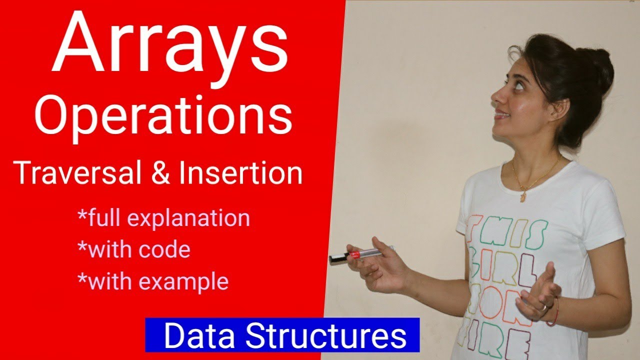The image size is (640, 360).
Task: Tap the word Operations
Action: coord(163,117)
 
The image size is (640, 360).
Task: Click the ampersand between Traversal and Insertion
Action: coord(161,173)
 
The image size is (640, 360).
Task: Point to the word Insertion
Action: coord(240,173)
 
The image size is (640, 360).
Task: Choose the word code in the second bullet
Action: coord(164,249)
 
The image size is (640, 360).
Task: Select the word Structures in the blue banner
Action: coord(326,335)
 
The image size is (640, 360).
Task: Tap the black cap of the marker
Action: coord(338,258)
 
